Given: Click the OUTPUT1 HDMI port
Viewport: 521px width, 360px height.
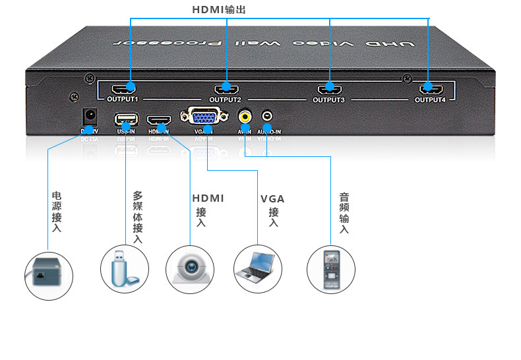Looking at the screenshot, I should point(123,87).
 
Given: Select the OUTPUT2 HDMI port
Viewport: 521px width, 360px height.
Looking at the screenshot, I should point(225,87).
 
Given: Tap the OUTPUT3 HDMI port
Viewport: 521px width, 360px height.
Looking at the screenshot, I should point(328,87).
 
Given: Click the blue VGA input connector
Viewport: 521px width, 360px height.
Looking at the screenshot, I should point(207,118).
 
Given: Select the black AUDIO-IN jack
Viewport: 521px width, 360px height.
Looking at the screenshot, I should point(267,117).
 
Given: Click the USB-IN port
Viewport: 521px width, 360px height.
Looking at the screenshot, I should point(126,121).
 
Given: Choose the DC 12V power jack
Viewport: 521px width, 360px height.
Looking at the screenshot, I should point(89,118).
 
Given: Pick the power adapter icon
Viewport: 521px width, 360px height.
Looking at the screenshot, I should point(48,274).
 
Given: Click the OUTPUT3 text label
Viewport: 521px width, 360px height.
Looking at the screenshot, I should point(328,100).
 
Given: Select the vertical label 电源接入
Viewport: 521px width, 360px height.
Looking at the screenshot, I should point(57,212).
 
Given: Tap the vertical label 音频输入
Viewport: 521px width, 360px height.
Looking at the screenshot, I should point(344,212).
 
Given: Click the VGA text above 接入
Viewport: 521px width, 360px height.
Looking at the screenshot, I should point(272,198).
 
